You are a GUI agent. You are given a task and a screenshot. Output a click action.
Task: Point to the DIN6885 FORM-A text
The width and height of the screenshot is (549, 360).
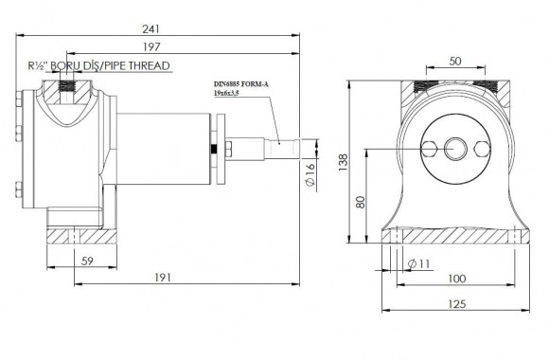(x=239, y=84)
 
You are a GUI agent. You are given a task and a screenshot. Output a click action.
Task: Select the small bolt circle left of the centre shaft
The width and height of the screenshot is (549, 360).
(x=428, y=150)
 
